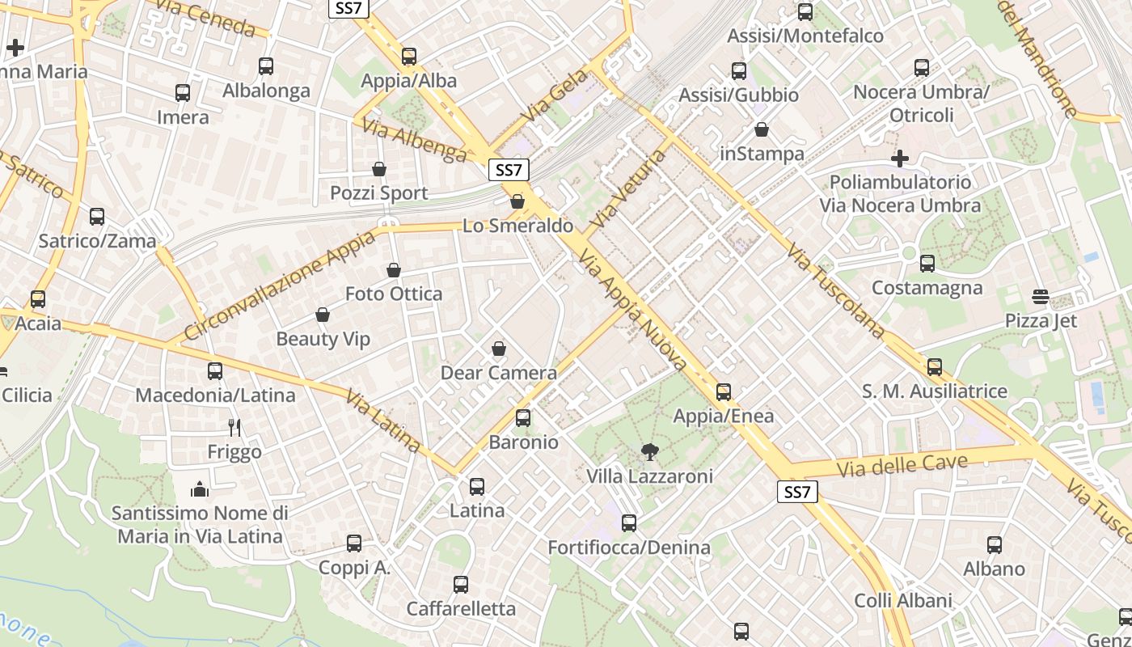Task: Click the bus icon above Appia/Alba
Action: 409,57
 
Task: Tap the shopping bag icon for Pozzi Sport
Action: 379,169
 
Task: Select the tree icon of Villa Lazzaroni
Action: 648,452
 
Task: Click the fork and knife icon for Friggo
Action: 234,427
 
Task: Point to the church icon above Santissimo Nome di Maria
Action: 200,488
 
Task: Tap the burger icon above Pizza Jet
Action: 1041,297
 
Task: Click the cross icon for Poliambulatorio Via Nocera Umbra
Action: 900,158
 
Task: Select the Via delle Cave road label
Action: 902,465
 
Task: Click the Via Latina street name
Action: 383,421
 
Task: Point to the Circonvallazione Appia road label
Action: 280,285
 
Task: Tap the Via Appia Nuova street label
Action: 633,311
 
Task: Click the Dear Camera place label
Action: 498,373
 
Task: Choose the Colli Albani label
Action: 903,601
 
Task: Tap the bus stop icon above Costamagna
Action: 927,264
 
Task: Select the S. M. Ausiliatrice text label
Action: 935,391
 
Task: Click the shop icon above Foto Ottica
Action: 394,270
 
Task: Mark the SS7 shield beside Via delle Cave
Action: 797,492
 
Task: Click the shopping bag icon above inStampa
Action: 762,129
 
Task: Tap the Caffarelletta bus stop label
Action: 461,609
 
